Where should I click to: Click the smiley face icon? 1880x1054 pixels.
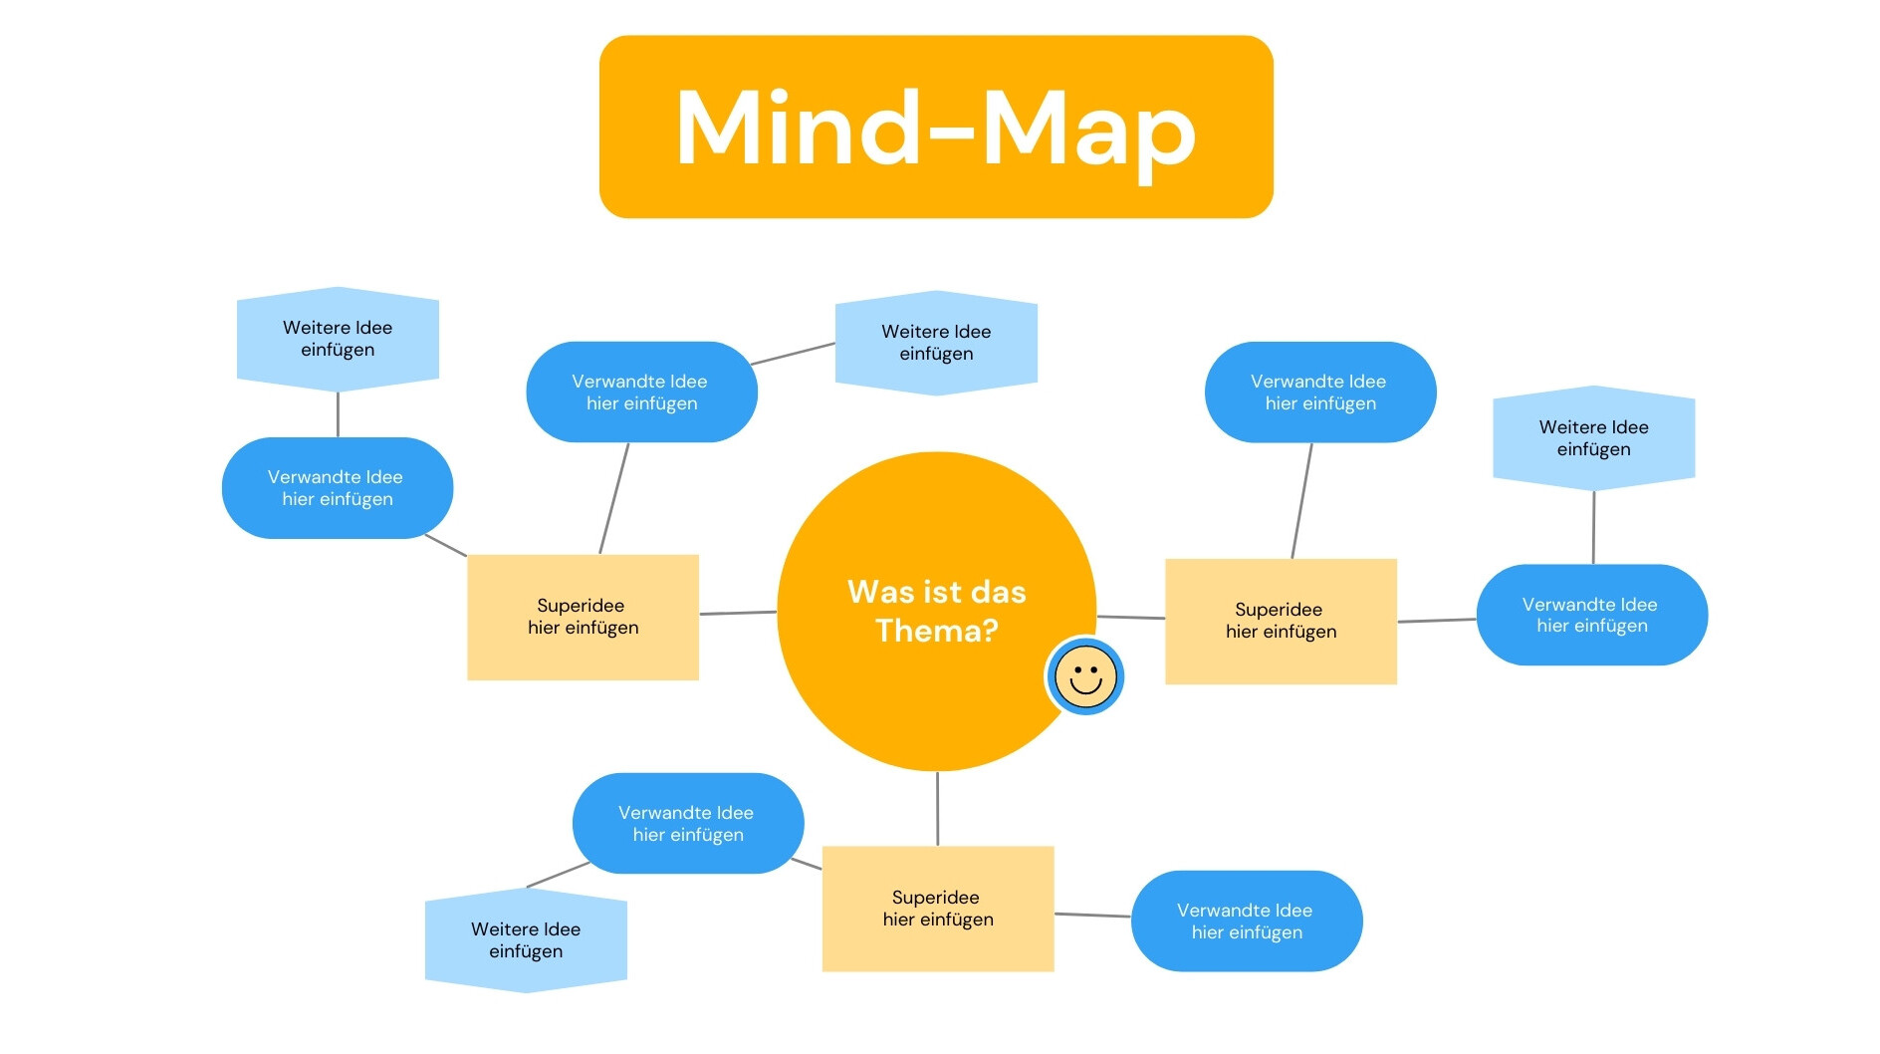coord(1084,676)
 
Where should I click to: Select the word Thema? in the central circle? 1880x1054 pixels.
coord(936,631)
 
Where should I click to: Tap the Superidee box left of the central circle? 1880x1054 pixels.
coord(583,617)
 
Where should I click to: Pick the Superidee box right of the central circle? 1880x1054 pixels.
coord(1281,621)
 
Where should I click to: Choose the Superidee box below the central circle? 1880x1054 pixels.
coord(937,908)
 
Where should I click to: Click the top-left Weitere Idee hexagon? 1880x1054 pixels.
coord(338,339)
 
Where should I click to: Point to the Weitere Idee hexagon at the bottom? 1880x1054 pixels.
coord(526,940)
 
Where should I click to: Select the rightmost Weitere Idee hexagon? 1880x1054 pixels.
coord(1593,438)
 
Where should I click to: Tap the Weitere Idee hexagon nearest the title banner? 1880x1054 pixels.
coord(936,343)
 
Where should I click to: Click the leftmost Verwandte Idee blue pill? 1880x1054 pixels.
coord(337,488)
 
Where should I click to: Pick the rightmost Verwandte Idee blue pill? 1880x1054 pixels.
coord(1591,615)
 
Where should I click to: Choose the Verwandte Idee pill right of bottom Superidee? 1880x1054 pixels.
coord(1246,921)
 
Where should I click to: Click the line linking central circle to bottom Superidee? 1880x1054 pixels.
coord(937,808)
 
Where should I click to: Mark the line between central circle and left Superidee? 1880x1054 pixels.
coord(738,613)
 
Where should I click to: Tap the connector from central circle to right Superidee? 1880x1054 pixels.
coord(1131,618)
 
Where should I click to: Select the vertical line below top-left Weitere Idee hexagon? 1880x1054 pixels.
coord(338,413)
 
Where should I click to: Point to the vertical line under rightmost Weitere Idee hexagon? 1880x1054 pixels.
coord(1593,527)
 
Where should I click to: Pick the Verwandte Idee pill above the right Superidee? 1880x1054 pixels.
coord(1319,393)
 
